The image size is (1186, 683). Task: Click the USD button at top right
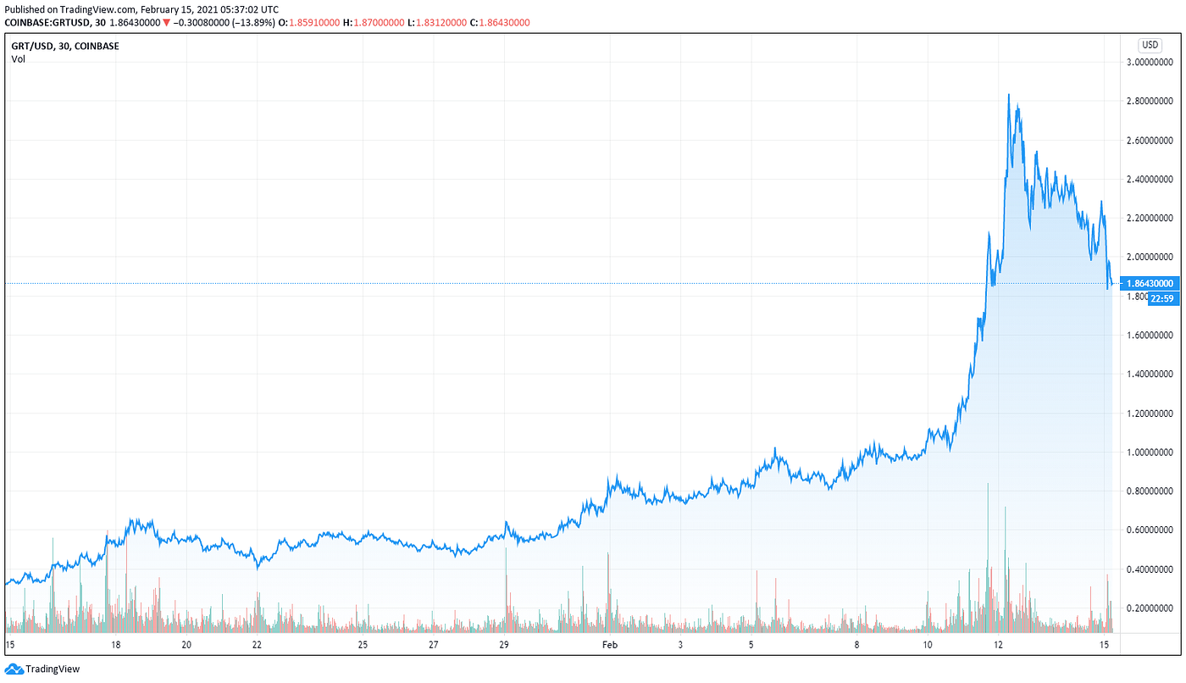[x=1150, y=45]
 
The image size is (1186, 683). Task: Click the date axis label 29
[x=503, y=645]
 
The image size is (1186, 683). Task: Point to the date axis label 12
[x=999, y=645]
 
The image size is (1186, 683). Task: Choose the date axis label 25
[x=362, y=645]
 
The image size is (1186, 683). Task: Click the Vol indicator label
[x=18, y=59]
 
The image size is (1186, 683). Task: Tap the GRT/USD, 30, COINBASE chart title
[x=65, y=46]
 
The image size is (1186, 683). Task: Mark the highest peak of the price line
[x=1009, y=94]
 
